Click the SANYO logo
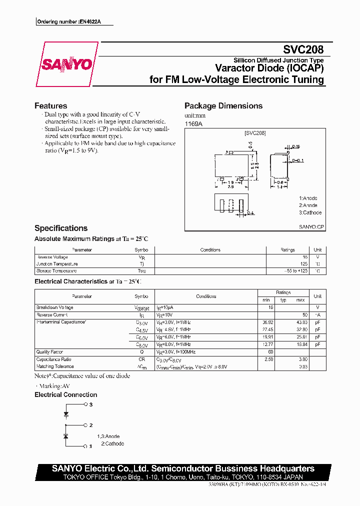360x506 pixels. click(x=66, y=64)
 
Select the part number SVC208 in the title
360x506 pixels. click(x=303, y=50)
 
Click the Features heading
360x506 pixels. click(x=50, y=105)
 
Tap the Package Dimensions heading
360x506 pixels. click(x=223, y=105)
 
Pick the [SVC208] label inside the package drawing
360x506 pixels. click(x=255, y=133)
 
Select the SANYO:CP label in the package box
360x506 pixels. click(x=311, y=226)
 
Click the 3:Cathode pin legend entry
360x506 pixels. click(x=310, y=212)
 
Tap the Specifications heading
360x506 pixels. click(x=60, y=228)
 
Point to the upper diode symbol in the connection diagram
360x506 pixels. click(x=65, y=414)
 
